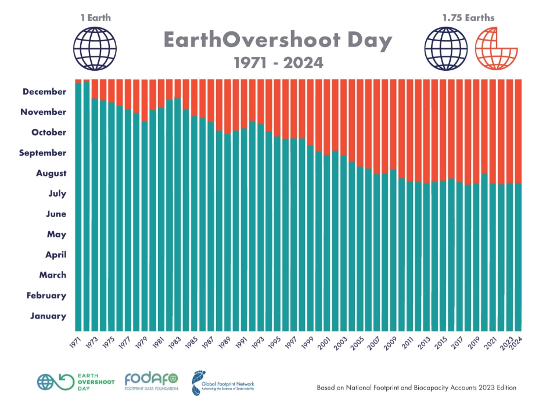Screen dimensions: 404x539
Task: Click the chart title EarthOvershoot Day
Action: [x=278, y=41]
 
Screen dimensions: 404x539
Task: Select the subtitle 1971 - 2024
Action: [x=278, y=62]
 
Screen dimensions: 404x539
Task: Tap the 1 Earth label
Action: [x=95, y=17]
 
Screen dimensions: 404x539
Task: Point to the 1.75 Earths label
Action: [x=468, y=17]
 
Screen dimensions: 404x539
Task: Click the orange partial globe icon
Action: [x=494, y=49]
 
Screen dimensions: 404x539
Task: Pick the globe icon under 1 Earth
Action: [x=95, y=49]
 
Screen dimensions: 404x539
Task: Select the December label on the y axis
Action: [x=45, y=92]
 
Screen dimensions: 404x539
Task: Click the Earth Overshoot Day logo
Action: [x=76, y=382]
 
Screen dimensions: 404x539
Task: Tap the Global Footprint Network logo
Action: [x=224, y=382]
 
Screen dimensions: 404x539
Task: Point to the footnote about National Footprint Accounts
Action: [x=416, y=387]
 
